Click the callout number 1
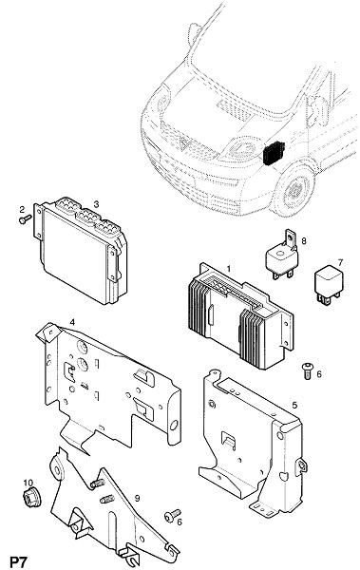[228, 269]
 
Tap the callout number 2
[22, 209]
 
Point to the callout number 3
[96, 204]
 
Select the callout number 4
[72, 322]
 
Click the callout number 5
[294, 405]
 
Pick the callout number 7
[340, 262]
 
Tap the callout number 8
[304, 240]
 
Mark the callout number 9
[137, 498]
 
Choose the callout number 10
[28, 483]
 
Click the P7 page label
[18, 562]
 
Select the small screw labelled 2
[25, 219]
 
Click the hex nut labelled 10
[31, 498]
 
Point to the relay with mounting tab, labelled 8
[282, 256]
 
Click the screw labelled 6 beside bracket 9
[172, 515]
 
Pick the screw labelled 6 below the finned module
[308, 370]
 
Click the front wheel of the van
[294, 192]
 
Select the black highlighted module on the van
[274, 153]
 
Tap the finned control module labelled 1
[240, 315]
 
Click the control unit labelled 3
[81, 250]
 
